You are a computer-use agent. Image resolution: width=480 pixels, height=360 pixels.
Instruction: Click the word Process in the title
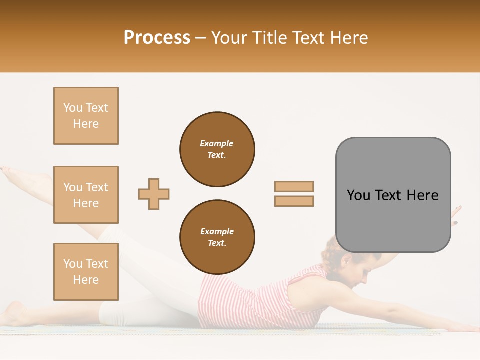[157, 38]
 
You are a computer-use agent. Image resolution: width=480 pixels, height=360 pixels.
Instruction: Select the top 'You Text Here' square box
[86, 116]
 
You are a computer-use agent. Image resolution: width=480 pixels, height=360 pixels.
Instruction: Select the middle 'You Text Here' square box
[86, 195]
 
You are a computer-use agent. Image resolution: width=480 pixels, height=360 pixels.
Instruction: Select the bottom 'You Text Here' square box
[86, 272]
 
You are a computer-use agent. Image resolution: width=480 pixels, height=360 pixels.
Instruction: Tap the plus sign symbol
[154, 194]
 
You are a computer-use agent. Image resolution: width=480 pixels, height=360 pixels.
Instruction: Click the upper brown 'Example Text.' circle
[217, 149]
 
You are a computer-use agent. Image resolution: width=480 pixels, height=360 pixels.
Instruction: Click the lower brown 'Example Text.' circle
[217, 237]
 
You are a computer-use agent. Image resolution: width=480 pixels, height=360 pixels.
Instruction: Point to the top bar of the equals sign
[294, 186]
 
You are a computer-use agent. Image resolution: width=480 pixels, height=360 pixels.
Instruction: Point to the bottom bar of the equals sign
[294, 201]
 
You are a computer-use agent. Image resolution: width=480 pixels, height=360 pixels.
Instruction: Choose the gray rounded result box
[393, 195]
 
